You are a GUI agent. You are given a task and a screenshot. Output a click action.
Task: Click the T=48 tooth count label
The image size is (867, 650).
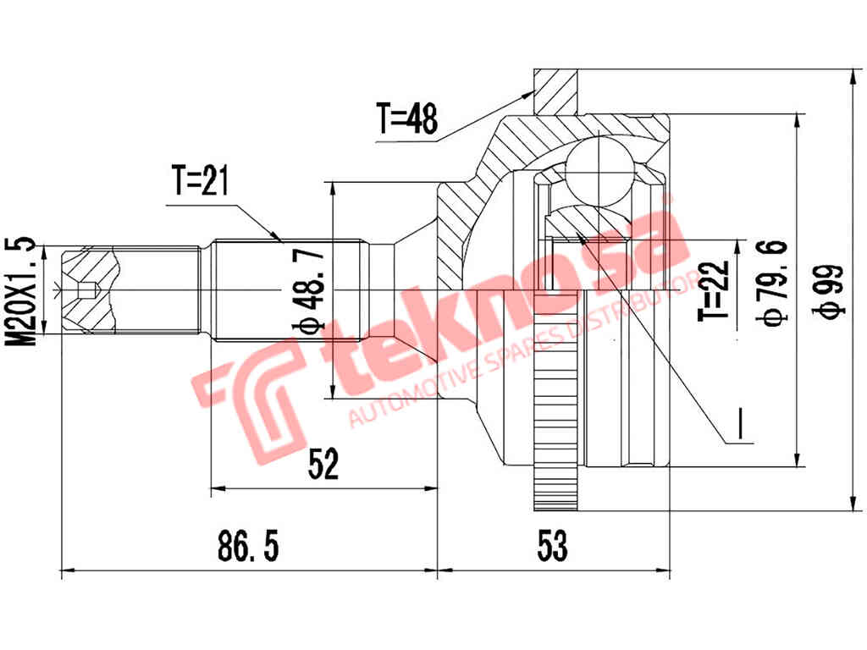(x=407, y=119)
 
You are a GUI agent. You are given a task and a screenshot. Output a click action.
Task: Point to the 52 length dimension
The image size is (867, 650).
(x=323, y=465)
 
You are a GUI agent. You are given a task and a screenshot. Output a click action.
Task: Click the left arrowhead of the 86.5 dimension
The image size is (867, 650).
(x=68, y=570)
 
